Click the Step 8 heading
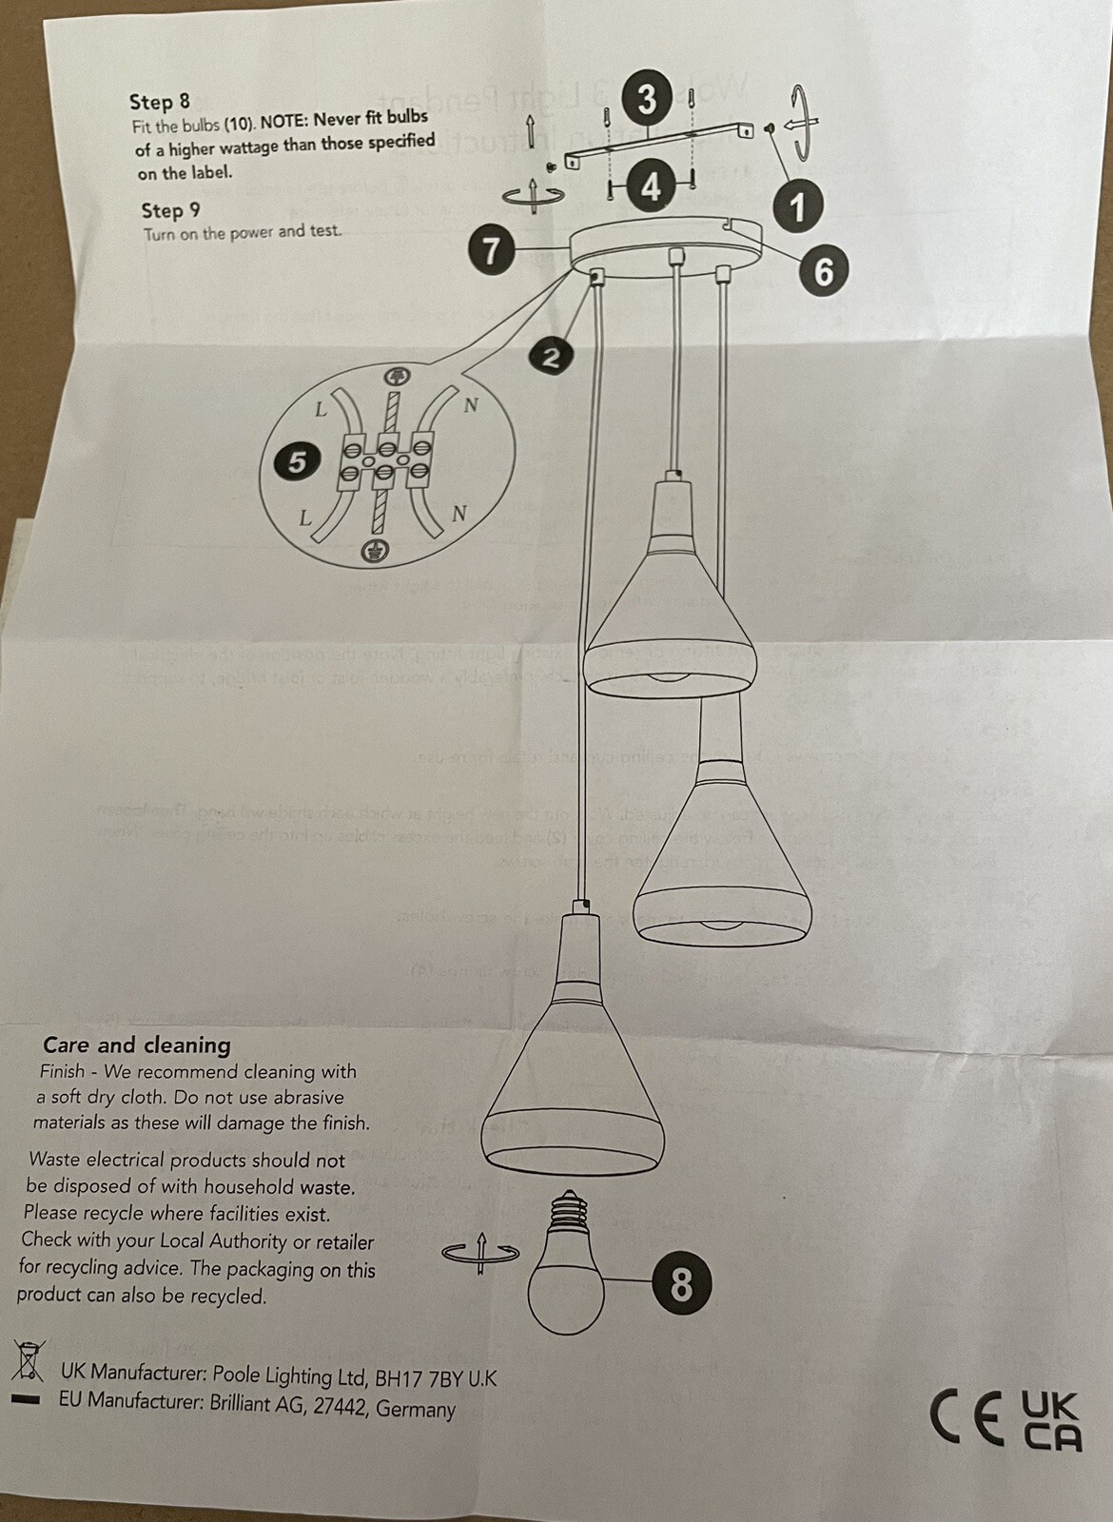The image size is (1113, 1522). tap(160, 102)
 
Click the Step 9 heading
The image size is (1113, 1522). tap(171, 210)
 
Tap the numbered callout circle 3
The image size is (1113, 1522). tap(648, 98)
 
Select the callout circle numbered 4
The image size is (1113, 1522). tap(651, 185)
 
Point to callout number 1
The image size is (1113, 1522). tap(797, 205)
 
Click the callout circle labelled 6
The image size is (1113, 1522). tap(824, 271)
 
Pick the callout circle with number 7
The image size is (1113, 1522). tap(492, 251)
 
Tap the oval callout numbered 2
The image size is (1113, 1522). tap(551, 358)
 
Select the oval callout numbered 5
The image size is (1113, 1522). tap(298, 462)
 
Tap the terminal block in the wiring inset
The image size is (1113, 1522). tap(385, 460)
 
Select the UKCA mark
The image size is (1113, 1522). tap(1051, 1420)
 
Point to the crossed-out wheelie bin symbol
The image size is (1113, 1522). tap(28, 1361)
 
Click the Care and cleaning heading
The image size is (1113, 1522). tap(137, 1044)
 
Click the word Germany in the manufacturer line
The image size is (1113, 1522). tap(415, 1409)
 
